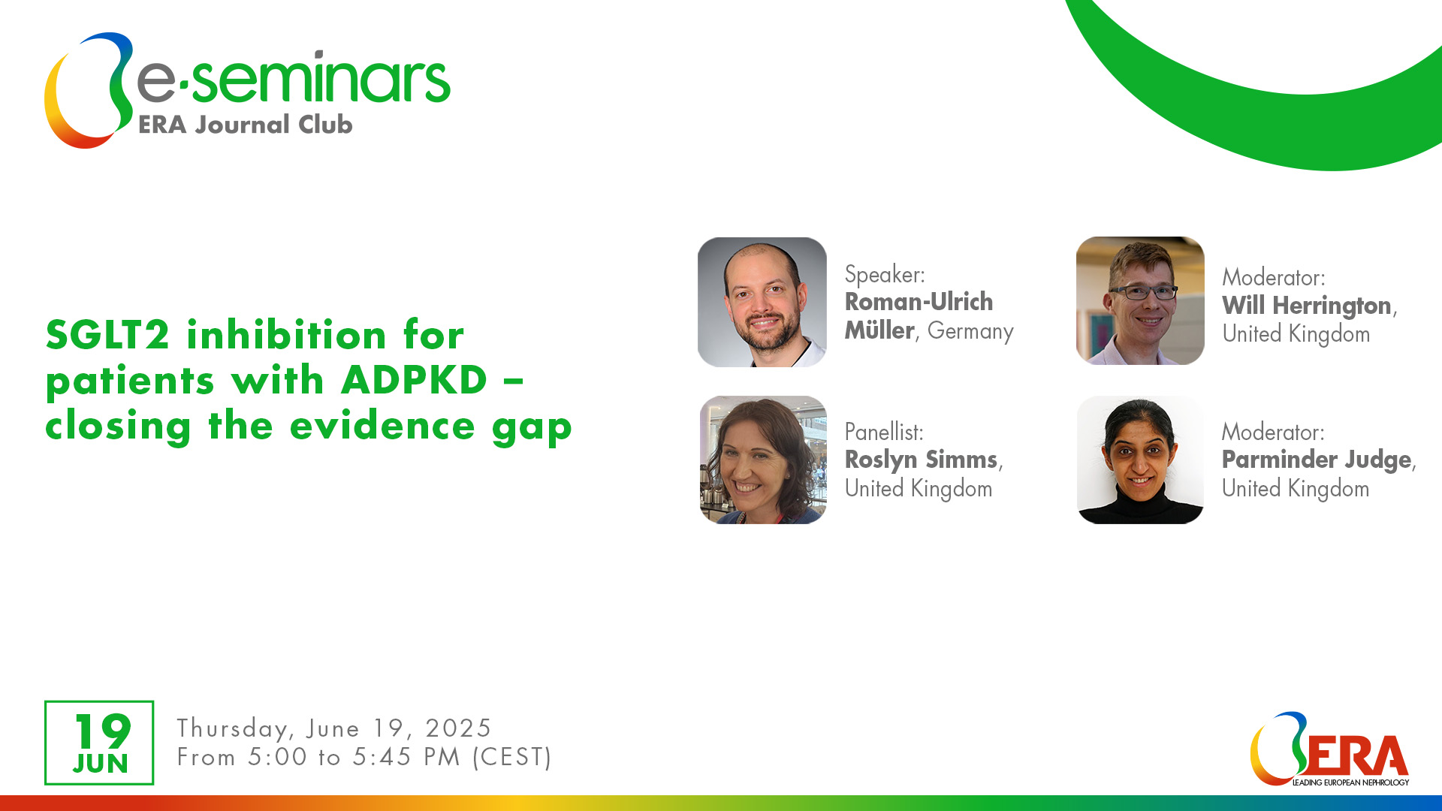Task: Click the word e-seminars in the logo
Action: tap(294, 78)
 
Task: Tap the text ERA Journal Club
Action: tap(246, 124)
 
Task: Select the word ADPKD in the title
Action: tap(415, 380)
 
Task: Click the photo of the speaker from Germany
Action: tap(762, 302)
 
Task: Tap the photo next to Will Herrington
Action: tap(1140, 301)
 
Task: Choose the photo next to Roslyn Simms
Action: tap(763, 460)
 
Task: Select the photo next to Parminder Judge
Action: tap(1140, 460)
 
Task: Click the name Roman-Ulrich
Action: tap(919, 302)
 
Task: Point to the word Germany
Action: tap(970, 331)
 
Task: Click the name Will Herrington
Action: tap(1307, 306)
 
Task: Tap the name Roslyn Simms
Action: tap(922, 460)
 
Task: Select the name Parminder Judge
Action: tap(1317, 460)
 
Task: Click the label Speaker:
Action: tap(885, 274)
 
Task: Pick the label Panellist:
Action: tap(884, 432)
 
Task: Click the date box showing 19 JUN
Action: tap(99, 743)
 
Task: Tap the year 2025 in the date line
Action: tap(458, 728)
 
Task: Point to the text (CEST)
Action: tap(512, 757)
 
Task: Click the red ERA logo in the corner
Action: tap(1329, 749)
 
